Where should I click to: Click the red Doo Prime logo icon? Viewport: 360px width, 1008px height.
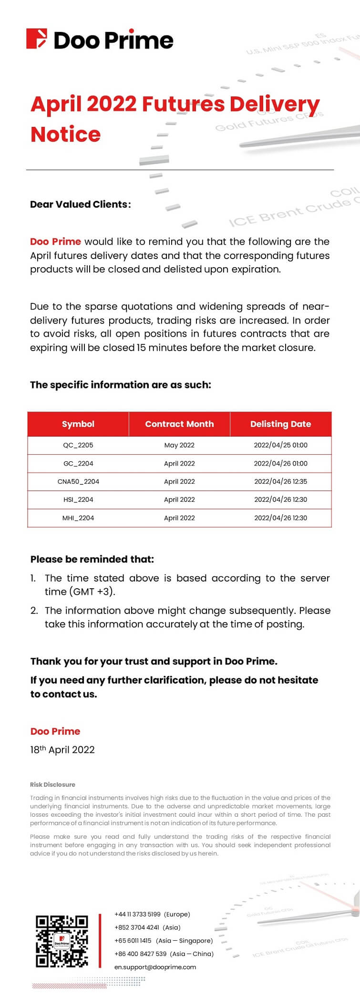[x=37, y=39]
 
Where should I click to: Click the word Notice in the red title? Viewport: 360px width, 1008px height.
[x=65, y=135]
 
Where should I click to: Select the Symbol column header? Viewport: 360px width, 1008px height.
[x=78, y=424]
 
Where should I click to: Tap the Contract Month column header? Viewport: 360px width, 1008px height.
[x=179, y=424]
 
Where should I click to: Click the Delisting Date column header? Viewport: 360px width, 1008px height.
[x=280, y=424]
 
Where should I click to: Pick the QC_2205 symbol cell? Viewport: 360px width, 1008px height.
[x=78, y=445]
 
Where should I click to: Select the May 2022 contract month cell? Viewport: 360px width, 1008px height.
[x=179, y=445]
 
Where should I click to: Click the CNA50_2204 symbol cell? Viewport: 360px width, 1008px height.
[x=78, y=481]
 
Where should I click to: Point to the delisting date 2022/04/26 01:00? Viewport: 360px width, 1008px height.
[x=280, y=463]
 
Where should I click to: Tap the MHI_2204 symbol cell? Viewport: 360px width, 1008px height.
[x=78, y=518]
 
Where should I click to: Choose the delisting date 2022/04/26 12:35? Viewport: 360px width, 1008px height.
[x=280, y=481]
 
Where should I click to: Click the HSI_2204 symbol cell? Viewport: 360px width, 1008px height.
[x=78, y=499]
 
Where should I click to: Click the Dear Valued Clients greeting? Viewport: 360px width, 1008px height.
[x=80, y=204]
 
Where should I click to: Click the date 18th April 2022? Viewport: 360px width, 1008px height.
[x=62, y=749]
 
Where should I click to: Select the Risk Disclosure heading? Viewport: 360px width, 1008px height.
[x=52, y=784]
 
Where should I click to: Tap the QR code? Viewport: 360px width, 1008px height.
[x=62, y=941]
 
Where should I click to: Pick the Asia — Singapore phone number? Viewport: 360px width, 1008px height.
[x=133, y=940]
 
